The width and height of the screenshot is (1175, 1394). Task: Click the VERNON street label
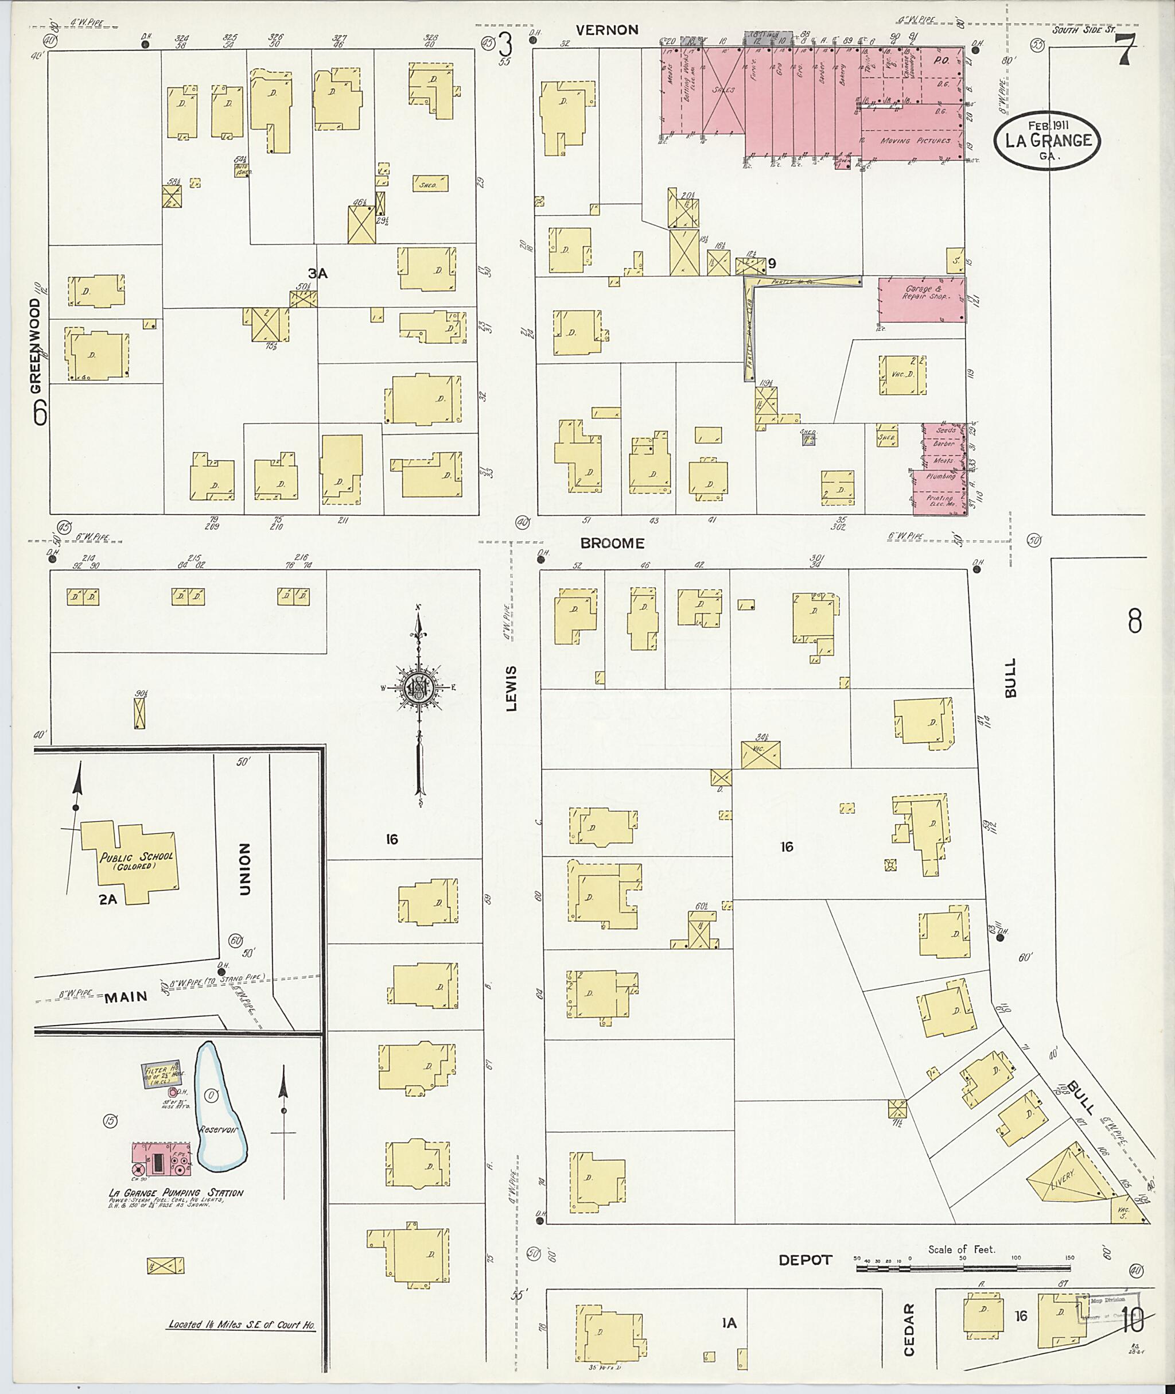click(x=607, y=30)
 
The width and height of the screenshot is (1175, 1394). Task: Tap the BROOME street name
click(x=612, y=543)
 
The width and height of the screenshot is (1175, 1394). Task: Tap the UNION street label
click(x=244, y=869)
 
